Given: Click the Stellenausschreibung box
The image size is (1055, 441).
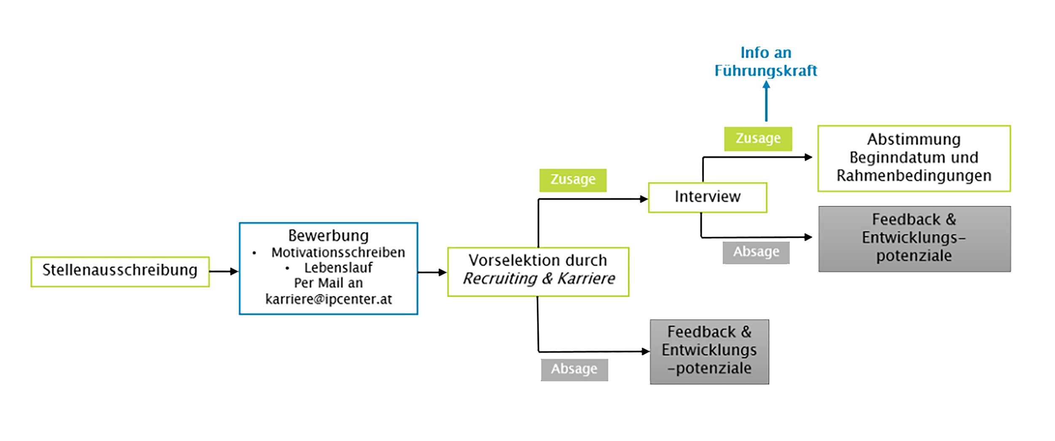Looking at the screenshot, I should (x=120, y=271).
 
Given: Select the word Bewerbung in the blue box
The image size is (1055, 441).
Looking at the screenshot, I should (x=328, y=235).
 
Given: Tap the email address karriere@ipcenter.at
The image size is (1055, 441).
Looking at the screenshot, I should (x=328, y=299).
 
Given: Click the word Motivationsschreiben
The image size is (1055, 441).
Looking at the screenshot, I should (x=338, y=252).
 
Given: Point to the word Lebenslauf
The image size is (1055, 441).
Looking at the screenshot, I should (x=338, y=268).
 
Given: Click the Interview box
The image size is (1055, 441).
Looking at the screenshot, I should (x=707, y=197).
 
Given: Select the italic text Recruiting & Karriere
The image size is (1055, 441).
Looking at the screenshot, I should (x=538, y=279).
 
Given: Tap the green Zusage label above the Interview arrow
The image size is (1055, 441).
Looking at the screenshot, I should (x=573, y=180).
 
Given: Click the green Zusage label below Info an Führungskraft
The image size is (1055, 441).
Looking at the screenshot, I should (x=758, y=139).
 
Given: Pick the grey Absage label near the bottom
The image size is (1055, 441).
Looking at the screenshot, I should (x=574, y=370).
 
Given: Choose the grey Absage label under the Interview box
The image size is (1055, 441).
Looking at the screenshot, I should (x=756, y=252).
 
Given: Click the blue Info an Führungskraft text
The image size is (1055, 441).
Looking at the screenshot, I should (x=766, y=62).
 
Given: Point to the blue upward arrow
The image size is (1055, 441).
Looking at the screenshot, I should (x=766, y=101).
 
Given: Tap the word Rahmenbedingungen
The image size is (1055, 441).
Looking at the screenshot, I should (x=914, y=176).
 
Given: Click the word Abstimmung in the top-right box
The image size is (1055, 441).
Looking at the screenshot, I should (x=914, y=139).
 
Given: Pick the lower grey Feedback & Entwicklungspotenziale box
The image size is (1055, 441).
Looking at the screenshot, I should (x=709, y=351).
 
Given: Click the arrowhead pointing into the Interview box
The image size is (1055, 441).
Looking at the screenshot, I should (x=644, y=199).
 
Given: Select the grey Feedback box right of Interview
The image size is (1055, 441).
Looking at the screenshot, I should (x=914, y=238).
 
